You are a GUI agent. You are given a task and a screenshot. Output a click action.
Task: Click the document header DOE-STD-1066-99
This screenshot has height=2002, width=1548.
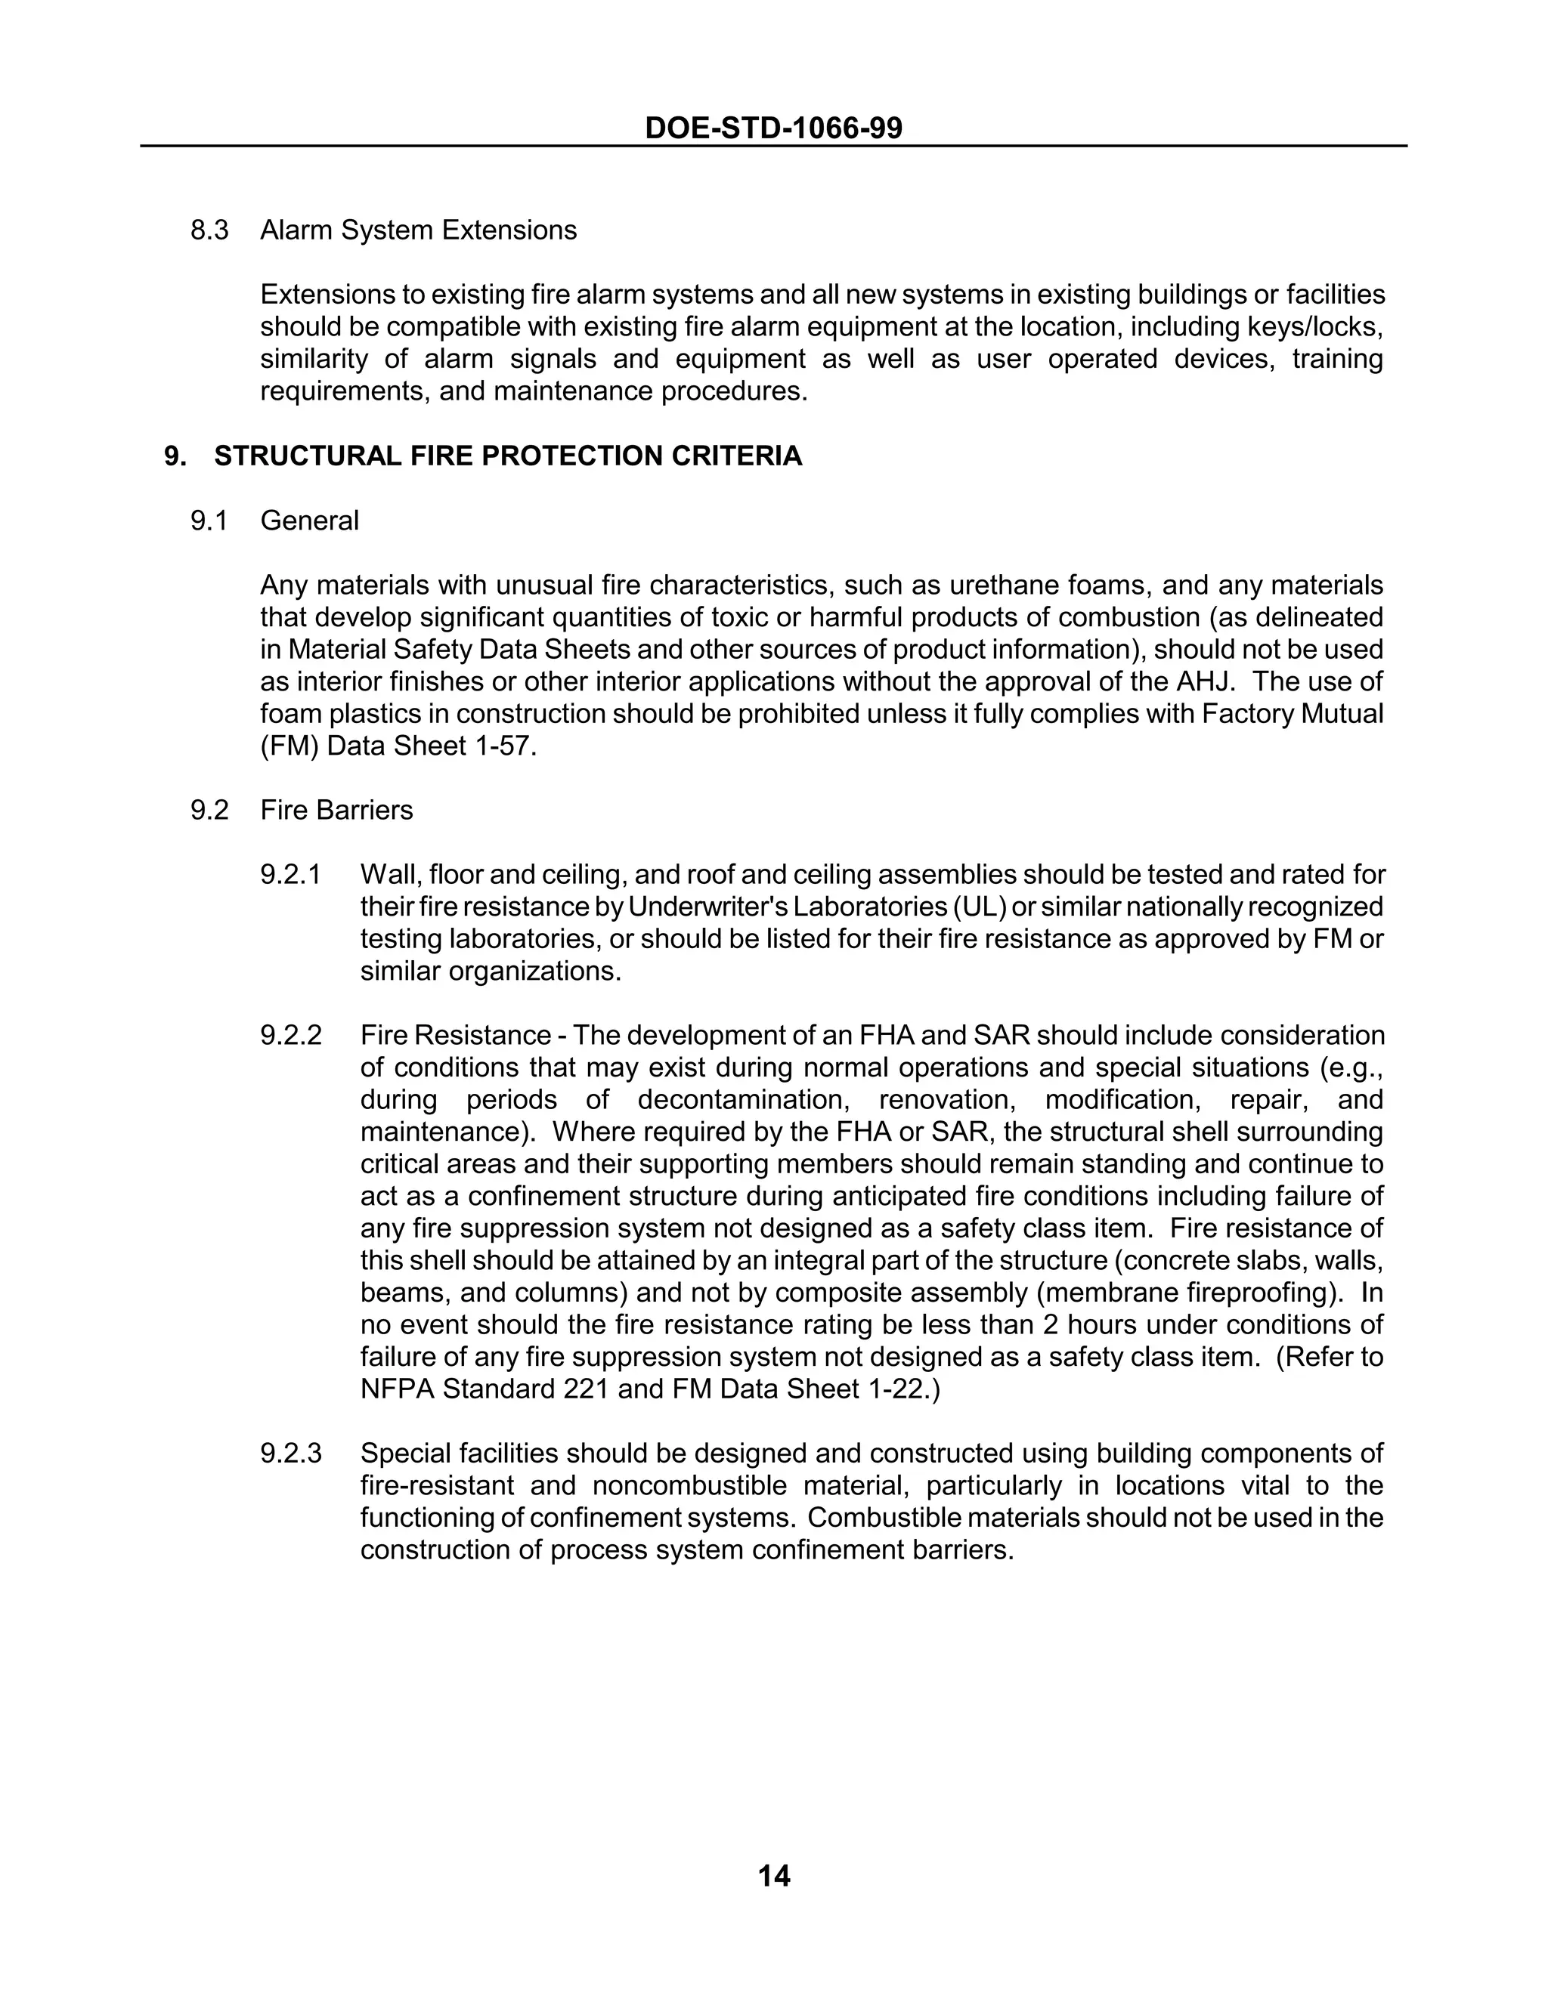[x=773, y=128]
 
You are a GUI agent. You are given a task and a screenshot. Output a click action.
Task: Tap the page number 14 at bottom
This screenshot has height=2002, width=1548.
[x=774, y=1850]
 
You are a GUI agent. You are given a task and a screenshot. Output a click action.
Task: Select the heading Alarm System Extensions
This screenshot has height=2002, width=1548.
[x=418, y=230]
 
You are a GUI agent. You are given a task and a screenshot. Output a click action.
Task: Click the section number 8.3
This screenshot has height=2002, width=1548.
[x=209, y=230]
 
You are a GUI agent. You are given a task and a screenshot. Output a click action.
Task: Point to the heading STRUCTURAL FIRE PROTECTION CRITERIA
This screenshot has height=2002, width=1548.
[x=507, y=456]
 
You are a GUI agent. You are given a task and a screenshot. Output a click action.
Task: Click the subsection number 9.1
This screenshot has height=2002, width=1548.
[x=209, y=521]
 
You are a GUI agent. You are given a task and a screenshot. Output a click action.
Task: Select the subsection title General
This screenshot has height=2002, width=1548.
[x=309, y=521]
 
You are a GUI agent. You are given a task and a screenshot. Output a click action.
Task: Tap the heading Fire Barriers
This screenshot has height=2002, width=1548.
[x=336, y=811]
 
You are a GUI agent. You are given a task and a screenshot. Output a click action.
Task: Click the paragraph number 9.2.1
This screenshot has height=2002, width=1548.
[x=291, y=875]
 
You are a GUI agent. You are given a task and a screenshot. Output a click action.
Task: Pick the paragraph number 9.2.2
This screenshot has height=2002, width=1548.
[x=291, y=1036]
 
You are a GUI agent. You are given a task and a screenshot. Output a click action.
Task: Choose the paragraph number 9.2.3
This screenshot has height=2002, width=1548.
[x=291, y=1454]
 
